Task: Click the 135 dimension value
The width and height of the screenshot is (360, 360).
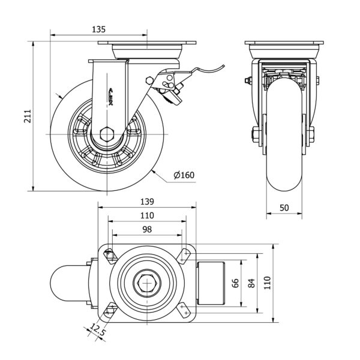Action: click(99, 29)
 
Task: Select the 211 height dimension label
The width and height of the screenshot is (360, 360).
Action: click(27, 115)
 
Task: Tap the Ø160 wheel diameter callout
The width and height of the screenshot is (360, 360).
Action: click(184, 175)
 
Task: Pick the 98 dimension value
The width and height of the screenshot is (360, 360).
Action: click(147, 229)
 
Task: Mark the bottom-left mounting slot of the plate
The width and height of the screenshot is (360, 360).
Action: click(110, 310)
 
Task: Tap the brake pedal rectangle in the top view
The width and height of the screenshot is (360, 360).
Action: click(211, 282)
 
